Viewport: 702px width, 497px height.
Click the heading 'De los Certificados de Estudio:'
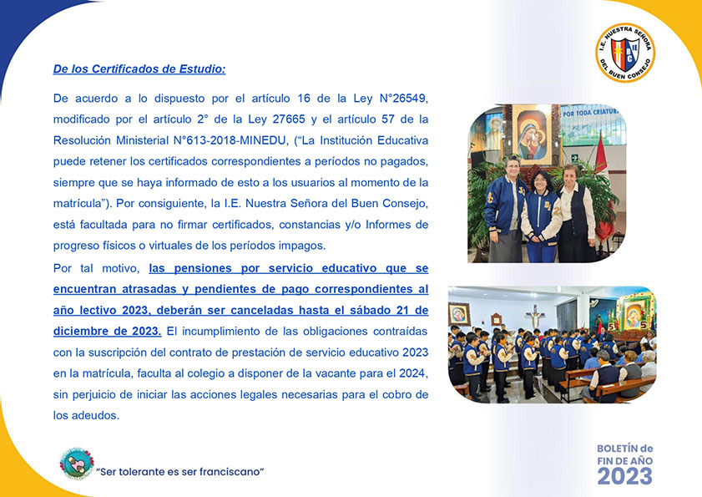[139, 69]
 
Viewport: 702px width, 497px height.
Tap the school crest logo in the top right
[624, 53]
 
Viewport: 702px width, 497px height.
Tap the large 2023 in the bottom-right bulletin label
[624, 475]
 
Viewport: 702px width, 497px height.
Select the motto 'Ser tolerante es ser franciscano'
[180, 472]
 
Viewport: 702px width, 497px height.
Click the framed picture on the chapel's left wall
[458, 313]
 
